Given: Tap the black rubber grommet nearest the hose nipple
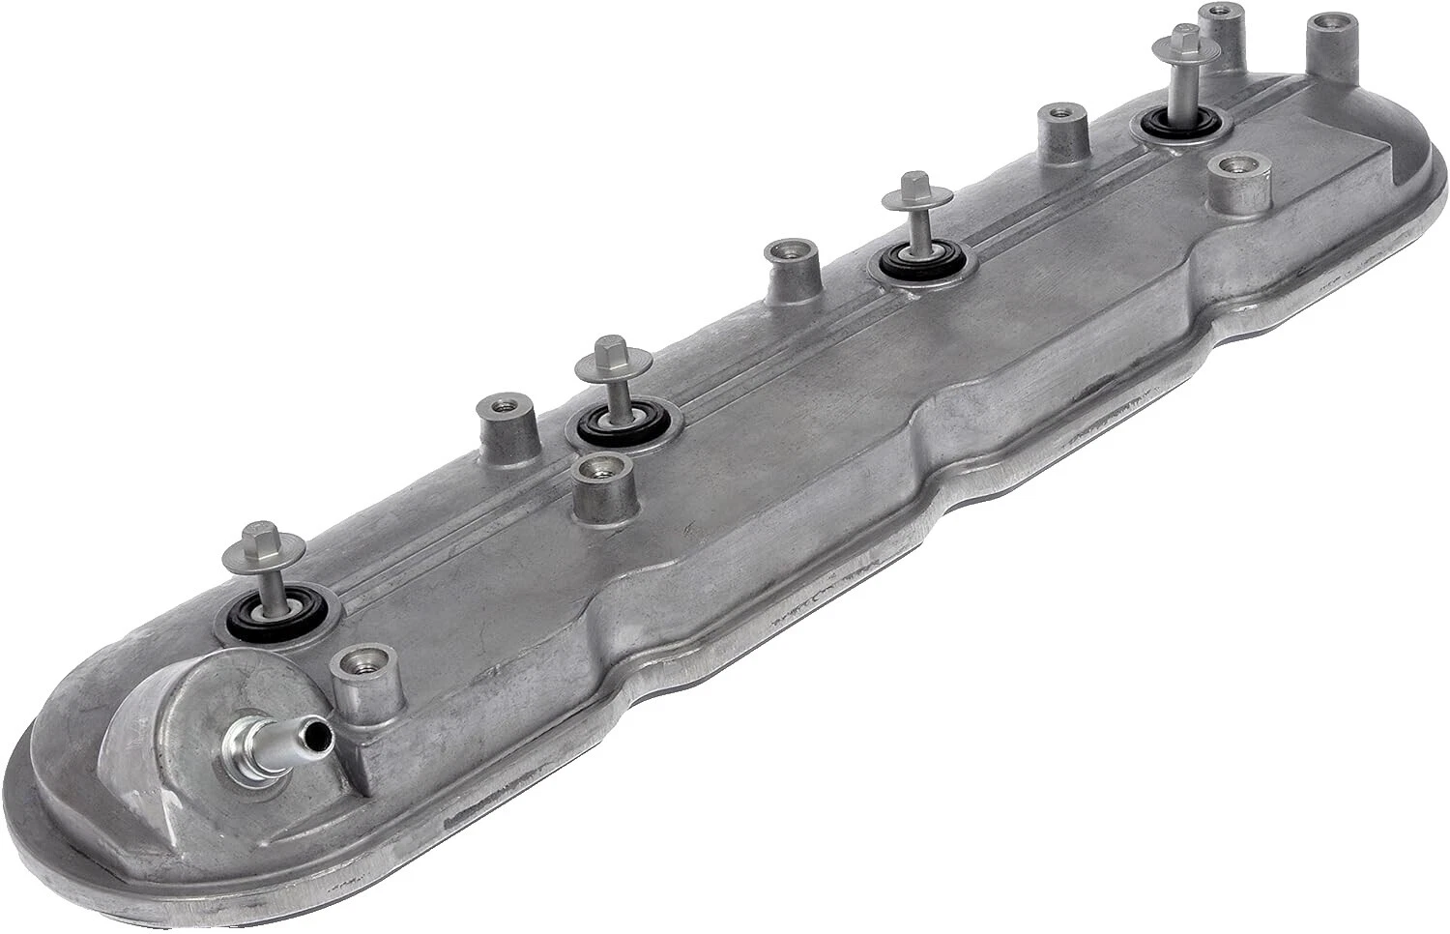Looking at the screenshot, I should pos(278,608).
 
